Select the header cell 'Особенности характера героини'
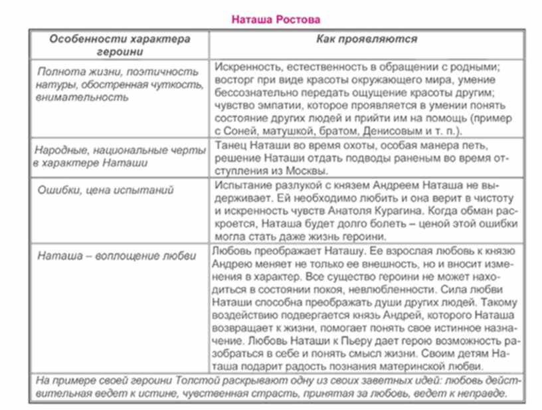pyautogui.click(x=120, y=45)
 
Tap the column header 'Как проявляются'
pyautogui.click(x=366, y=39)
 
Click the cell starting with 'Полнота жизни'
pyautogui.click(x=118, y=84)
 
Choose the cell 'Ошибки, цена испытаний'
pyautogui.click(x=106, y=191)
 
